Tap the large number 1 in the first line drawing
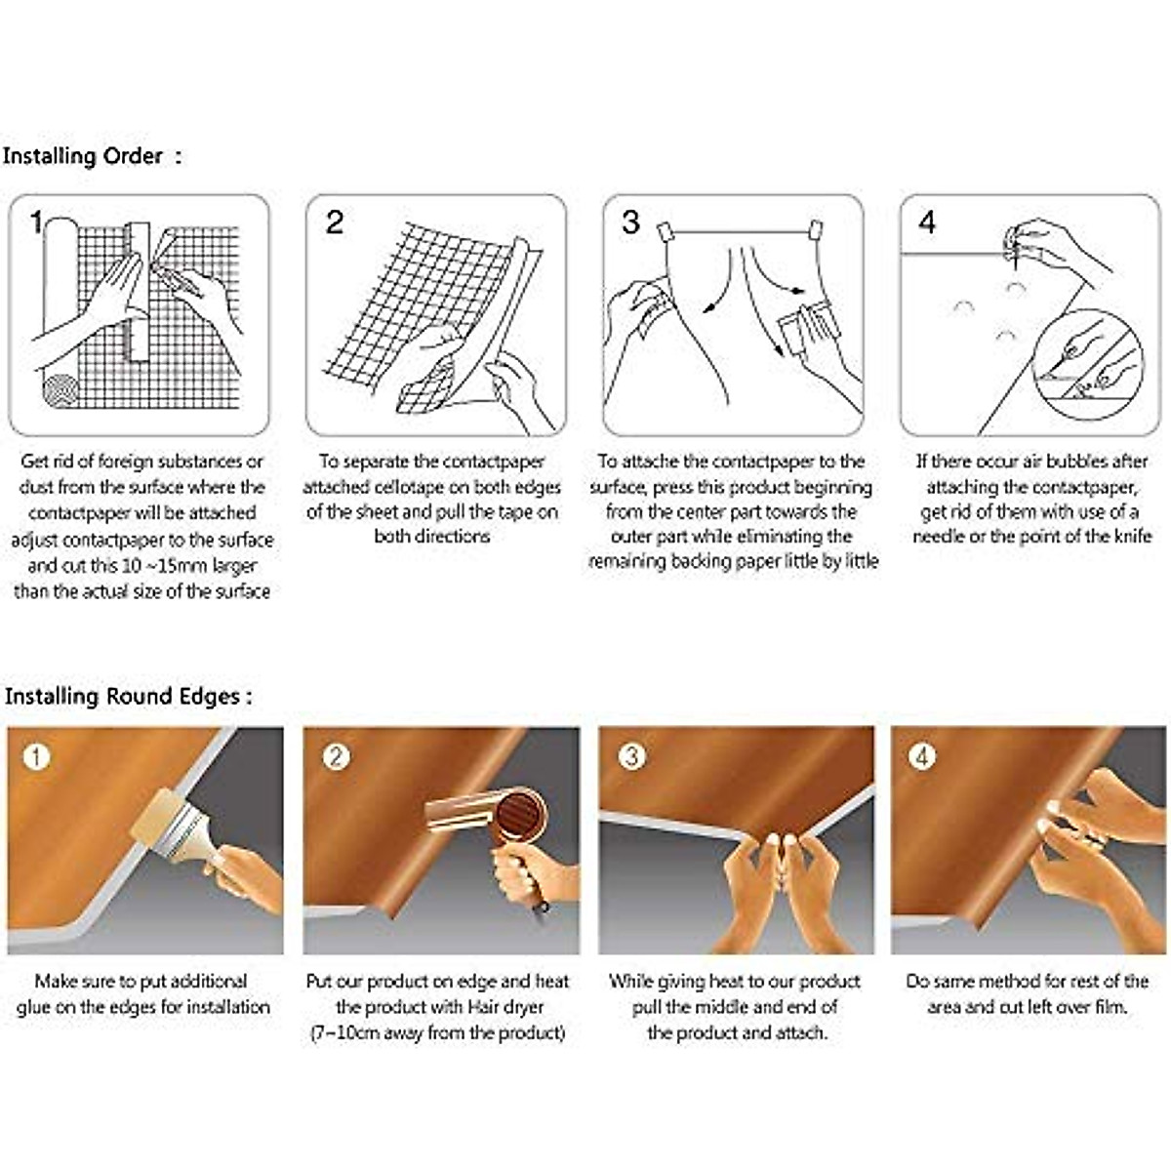tap(36, 222)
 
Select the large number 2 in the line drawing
tap(335, 222)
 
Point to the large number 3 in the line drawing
tap(630, 222)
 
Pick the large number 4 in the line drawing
tap(927, 222)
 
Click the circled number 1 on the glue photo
tap(36, 758)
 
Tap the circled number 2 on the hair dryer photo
tap(336, 758)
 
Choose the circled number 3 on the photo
tap(632, 757)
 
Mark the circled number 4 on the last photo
tap(922, 757)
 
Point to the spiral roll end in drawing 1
tap(61, 390)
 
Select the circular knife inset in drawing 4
tap(1088, 365)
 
